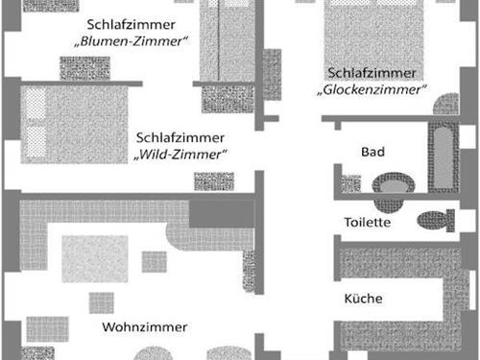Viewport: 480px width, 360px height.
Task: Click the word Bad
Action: (372, 153)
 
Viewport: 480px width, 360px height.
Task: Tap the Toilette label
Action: (367, 223)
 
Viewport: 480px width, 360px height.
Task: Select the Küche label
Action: (363, 300)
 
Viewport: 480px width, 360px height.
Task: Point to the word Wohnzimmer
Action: (144, 327)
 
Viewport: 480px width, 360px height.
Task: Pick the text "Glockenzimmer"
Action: (370, 90)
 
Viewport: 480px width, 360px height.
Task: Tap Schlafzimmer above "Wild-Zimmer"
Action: (180, 137)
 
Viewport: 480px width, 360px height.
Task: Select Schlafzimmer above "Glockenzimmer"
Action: (372, 72)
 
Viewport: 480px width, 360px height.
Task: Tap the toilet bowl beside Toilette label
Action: (438, 220)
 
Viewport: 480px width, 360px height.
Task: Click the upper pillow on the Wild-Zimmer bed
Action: (36, 105)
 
